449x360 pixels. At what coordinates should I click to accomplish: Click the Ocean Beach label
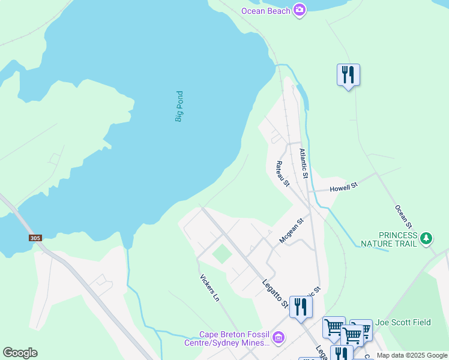pos(266,11)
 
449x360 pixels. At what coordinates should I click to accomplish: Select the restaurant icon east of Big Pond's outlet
pos(348,75)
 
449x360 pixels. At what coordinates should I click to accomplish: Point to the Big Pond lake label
pos(179,106)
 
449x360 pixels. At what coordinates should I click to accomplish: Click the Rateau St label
pos(282,173)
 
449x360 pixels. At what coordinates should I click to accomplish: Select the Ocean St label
pos(403,217)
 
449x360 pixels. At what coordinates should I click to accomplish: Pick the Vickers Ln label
pos(209,288)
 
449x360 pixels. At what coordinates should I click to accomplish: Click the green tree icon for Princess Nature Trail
pos(426,239)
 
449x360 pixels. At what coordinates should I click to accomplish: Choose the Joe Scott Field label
pos(404,322)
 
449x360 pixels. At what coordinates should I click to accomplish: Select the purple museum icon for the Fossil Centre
pos(277,338)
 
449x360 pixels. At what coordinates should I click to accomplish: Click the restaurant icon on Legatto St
pos(300,307)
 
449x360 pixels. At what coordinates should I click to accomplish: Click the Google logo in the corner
pos(20,353)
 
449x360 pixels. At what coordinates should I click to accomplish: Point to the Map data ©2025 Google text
pos(412,355)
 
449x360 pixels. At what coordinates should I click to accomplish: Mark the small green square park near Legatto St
pos(222,254)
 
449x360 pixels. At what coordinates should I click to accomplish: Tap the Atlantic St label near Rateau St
pos(304,164)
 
